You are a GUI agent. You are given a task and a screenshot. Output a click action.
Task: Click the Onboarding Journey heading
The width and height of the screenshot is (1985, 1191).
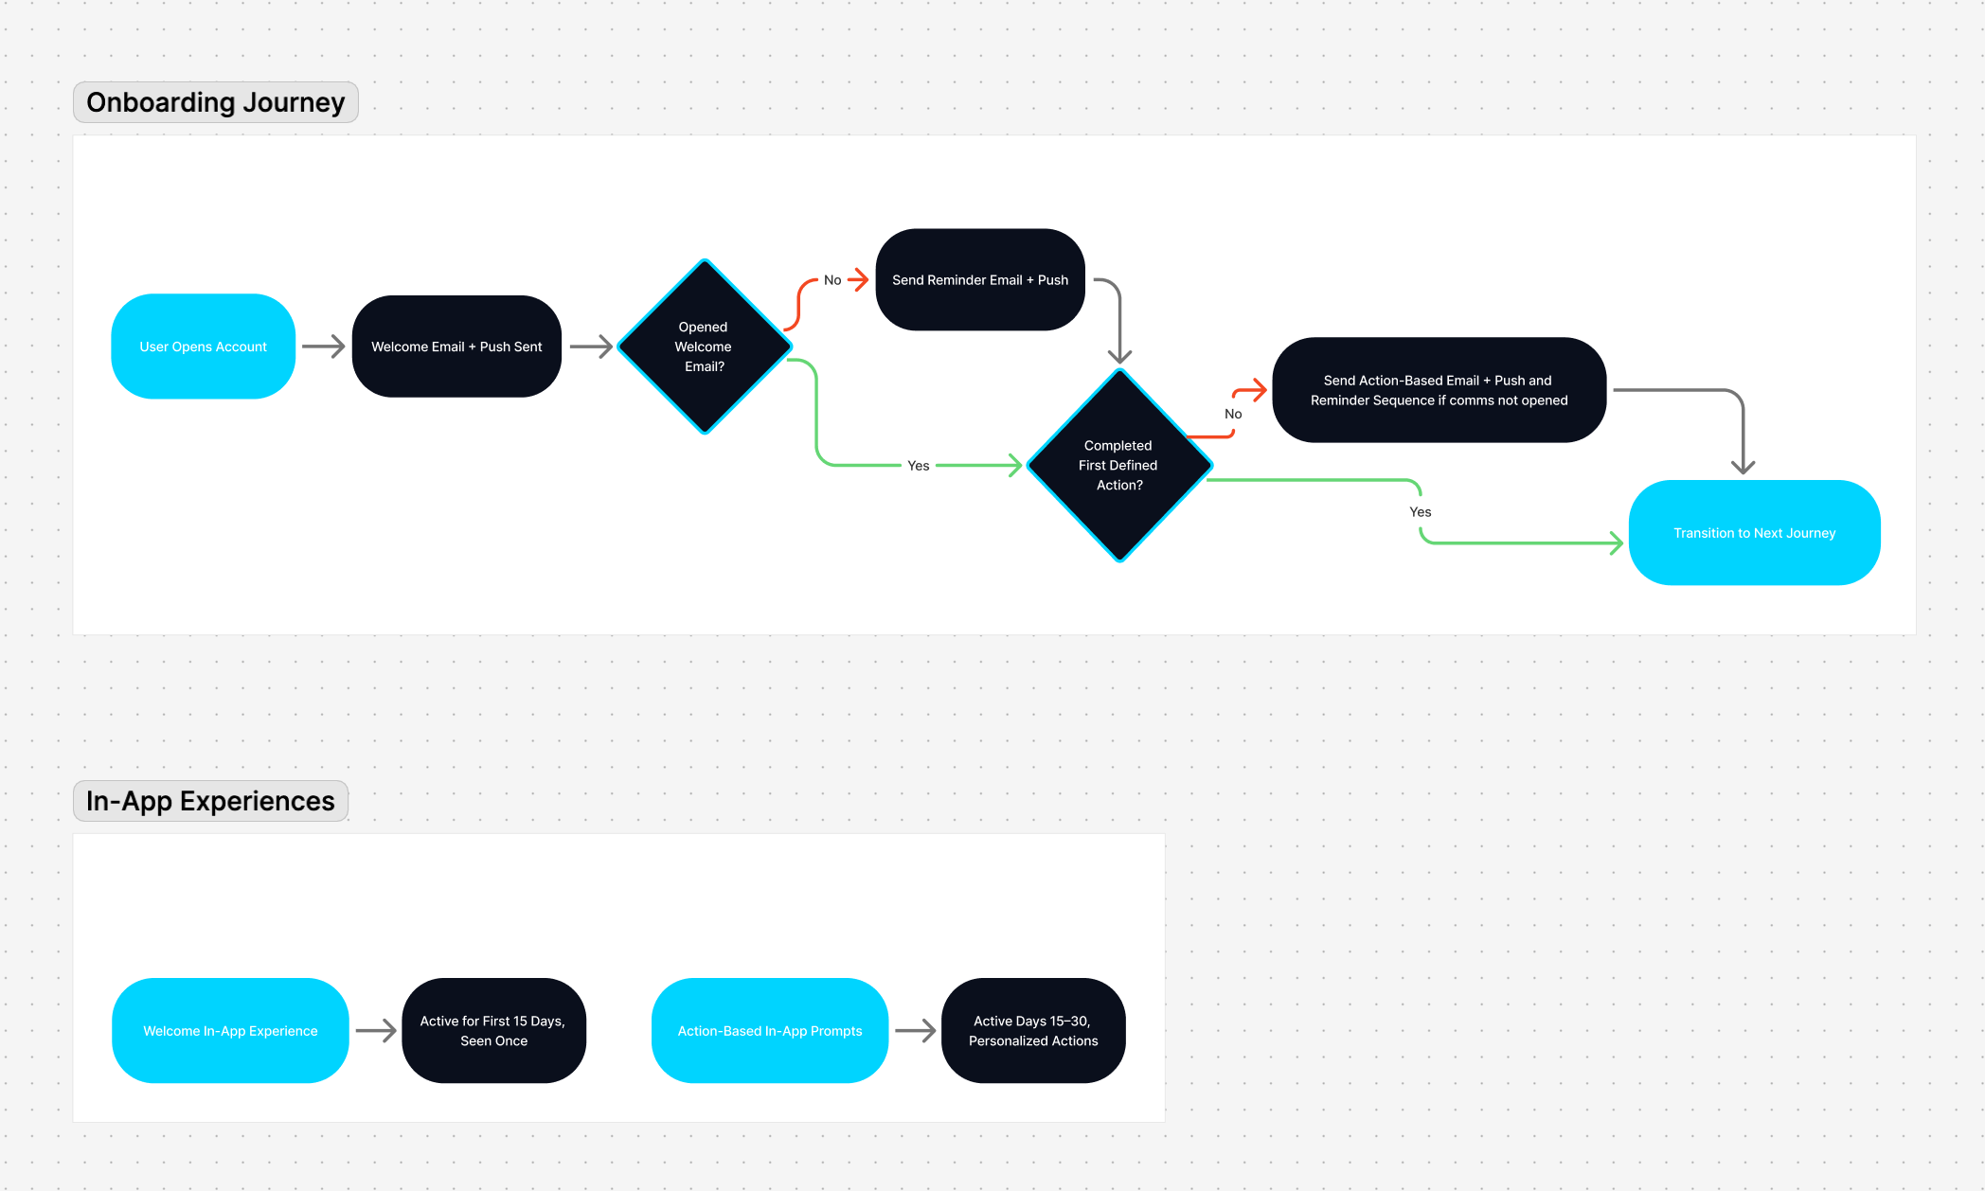click(x=216, y=102)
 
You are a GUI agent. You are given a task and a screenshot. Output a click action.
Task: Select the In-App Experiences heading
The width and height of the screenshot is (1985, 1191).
click(x=210, y=801)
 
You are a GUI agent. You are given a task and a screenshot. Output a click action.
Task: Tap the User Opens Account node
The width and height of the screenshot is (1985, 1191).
click(x=204, y=347)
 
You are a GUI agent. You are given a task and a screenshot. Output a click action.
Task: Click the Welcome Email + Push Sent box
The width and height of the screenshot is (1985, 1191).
click(x=456, y=347)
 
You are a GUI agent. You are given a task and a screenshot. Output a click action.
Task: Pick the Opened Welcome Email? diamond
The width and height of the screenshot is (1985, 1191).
click(x=704, y=347)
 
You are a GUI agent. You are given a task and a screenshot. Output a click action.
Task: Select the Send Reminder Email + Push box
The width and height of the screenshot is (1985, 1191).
click(x=980, y=280)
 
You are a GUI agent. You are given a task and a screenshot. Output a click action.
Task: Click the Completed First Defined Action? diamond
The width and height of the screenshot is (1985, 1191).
click(x=1119, y=465)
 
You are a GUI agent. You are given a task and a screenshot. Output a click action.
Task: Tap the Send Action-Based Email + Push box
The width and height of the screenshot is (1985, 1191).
click(x=1439, y=390)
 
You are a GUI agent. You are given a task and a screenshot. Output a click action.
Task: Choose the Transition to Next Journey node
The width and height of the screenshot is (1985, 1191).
click(x=1754, y=533)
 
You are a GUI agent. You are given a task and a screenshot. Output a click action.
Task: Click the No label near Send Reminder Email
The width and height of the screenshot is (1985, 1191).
click(x=832, y=280)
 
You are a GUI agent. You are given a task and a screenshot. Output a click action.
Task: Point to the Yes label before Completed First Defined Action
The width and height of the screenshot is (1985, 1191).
click(x=918, y=466)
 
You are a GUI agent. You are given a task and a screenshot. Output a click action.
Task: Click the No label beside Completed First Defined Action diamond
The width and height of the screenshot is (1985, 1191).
click(x=1233, y=414)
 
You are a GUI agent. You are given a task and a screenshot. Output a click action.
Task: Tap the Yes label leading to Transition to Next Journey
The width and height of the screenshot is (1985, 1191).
click(x=1420, y=512)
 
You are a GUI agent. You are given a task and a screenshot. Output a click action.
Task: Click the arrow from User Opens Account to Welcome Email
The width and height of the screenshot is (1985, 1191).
click(x=324, y=347)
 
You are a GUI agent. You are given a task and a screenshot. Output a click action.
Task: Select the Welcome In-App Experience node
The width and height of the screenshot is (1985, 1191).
click(x=230, y=1031)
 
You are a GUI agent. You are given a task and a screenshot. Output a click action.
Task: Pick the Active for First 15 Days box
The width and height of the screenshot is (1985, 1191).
click(x=493, y=1031)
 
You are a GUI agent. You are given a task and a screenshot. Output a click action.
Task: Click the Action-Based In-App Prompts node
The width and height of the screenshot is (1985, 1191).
click(x=770, y=1031)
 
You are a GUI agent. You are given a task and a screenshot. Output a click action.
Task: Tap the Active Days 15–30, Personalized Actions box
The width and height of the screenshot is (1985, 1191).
click(x=1033, y=1031)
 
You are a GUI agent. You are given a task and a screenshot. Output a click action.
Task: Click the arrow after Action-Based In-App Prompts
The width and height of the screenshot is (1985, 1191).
click(x=915, y=1031)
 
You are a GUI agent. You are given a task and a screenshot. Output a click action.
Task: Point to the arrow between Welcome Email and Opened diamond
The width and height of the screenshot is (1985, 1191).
click(x=591, y=347)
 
